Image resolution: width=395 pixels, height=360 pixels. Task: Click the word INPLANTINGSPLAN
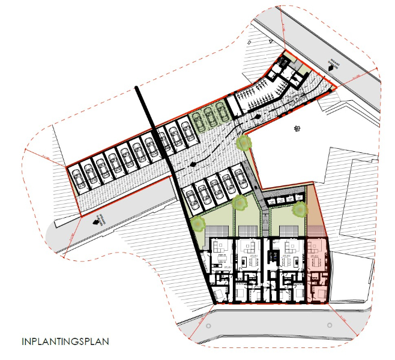coord(65,343)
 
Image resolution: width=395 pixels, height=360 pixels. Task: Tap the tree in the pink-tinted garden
coord(300,209)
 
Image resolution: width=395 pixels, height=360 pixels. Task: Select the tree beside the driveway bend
coord(243,143)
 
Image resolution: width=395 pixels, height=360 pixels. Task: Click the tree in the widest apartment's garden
coord(198,224)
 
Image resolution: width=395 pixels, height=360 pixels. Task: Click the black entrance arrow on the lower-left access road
coord(96,220)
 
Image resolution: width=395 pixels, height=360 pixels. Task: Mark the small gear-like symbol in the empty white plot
coord(296,129)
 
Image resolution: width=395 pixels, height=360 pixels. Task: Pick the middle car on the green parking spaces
coord(208,116)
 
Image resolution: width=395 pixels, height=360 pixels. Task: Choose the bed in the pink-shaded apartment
coord(318,292)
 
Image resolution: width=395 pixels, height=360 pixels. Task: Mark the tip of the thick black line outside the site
coord(137,89)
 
